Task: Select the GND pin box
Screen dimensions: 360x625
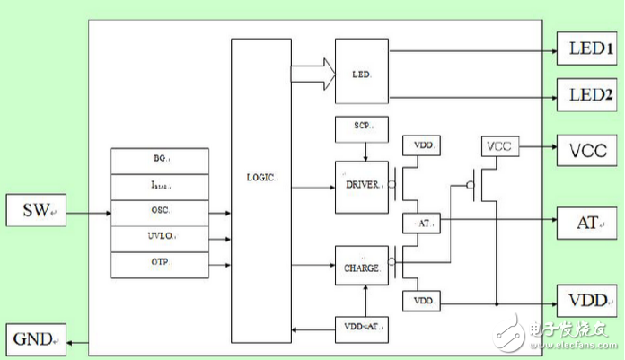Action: [35, 339]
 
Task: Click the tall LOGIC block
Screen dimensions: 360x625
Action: [261, 189]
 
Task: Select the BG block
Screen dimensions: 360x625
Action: [159, 160]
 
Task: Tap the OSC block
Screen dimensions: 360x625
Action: [159, 213]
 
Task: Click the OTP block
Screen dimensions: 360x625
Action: [159, 264]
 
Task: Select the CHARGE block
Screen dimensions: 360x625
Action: [362, 267]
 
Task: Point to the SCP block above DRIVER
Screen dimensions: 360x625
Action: [362, 128]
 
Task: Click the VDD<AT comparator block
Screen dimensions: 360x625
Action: [362, 329]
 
